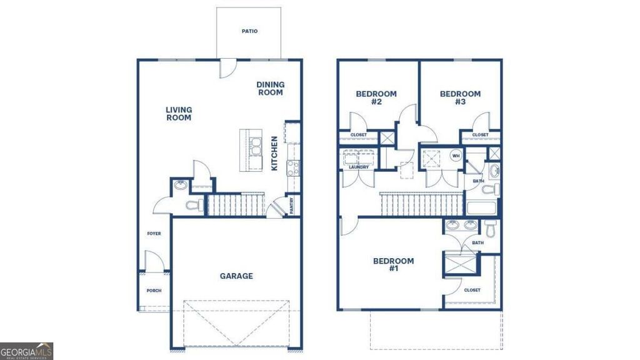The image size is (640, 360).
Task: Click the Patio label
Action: (x=249, y=31)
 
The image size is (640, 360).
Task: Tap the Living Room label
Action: (x=179, y=114)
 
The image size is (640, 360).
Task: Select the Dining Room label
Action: (x=270, y=89)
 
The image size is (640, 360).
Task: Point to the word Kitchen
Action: (x=274, y=153)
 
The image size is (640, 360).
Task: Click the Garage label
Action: (x=236, y=276)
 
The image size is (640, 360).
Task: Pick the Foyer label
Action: (x=154, y=234)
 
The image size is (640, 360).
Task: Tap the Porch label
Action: (x=154, y=291)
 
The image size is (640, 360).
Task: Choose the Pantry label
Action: (x=291, y=206)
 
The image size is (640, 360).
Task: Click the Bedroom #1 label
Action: (x=394, y=264)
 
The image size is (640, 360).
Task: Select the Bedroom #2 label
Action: (x=376, y=97)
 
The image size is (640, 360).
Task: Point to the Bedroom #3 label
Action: (x=460, y=97)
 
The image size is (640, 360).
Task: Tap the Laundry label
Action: (x=359, y=167)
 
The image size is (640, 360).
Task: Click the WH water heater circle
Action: (x=456, y=156)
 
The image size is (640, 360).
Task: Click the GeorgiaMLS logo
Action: (x=26, y=351)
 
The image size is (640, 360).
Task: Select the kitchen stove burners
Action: (x=293, y=168)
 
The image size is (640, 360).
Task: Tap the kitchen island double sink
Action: (x=256, y=146)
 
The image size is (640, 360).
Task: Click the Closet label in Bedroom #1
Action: (x=472, y=290)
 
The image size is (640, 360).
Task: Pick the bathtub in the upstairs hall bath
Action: (x=481, y=207)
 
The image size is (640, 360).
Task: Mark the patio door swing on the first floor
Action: (x=227, y=69)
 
